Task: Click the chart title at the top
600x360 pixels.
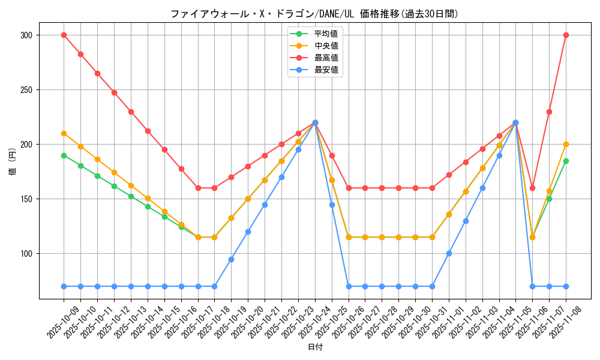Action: (314, 14)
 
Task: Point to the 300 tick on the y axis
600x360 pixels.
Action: (25, 35)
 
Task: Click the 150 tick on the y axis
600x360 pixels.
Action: (25, 199)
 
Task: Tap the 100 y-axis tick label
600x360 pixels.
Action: (25, 254)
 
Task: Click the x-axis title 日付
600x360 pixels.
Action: (315, 347)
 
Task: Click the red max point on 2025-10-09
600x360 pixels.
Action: (64, 35)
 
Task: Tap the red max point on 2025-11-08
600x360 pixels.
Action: (566, 35)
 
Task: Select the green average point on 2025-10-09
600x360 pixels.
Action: (64, 155)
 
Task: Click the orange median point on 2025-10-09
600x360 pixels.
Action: (64, 133)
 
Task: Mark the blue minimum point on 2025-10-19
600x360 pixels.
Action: (231, 259)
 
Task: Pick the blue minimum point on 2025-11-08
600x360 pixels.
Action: (566, 286)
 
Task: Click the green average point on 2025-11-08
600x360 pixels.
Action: (566, 161)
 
